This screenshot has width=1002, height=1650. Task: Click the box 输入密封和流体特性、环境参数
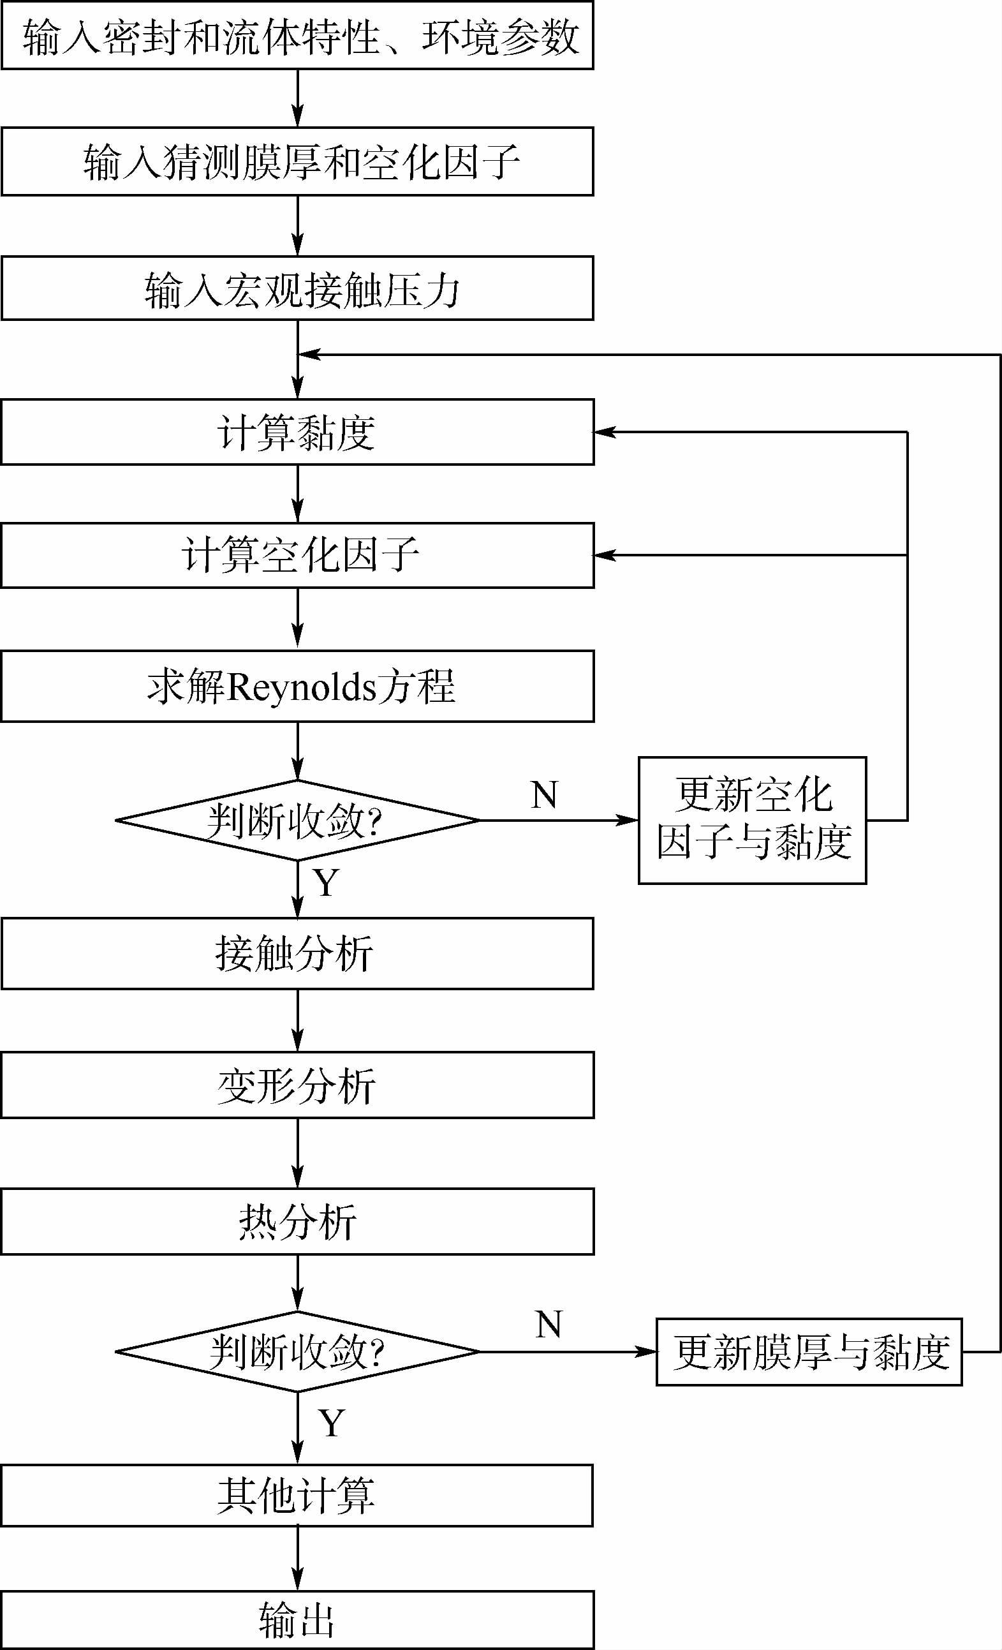(x=297, y=36)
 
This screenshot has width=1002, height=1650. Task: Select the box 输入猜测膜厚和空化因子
(x=297, y=161)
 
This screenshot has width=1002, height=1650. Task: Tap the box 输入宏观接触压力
(x=297, y=288)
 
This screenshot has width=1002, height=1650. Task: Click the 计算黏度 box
(x=297, y=432)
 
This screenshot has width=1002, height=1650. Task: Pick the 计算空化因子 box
(x=297, y=555)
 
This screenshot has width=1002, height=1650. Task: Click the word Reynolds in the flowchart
(x=301, y=687)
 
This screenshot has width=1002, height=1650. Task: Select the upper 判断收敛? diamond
(x=297, y=820)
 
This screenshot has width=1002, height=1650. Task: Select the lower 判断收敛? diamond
(x=297, y=1351)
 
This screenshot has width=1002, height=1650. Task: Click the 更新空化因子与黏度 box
(x=753, y=820)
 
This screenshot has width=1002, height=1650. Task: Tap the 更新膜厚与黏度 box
(x=809, y=1352)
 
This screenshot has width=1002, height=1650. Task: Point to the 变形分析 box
(x=297, y=1085)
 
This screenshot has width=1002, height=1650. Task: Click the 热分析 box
(x=297, y=1221)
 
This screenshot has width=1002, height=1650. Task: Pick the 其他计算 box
(x=297, y=1496)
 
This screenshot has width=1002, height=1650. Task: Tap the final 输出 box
(x=297, y=1620)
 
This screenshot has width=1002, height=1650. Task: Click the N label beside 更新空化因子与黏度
(x=544, y=795)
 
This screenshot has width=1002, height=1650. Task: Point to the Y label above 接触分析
(x=326, y=882)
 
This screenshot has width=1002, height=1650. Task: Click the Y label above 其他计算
(x=331, y=1423)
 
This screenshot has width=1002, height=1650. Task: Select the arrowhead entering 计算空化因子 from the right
(x=604, y=555)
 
